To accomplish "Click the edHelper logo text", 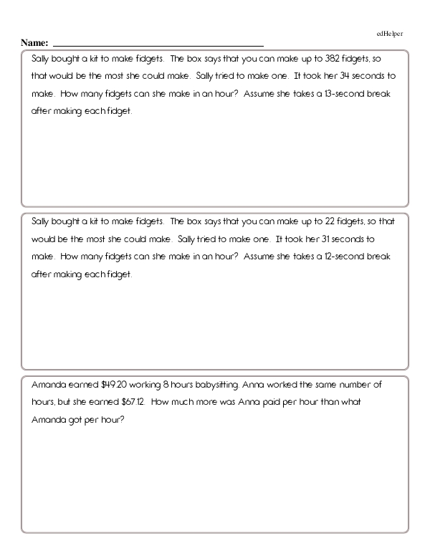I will (390, 34).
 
